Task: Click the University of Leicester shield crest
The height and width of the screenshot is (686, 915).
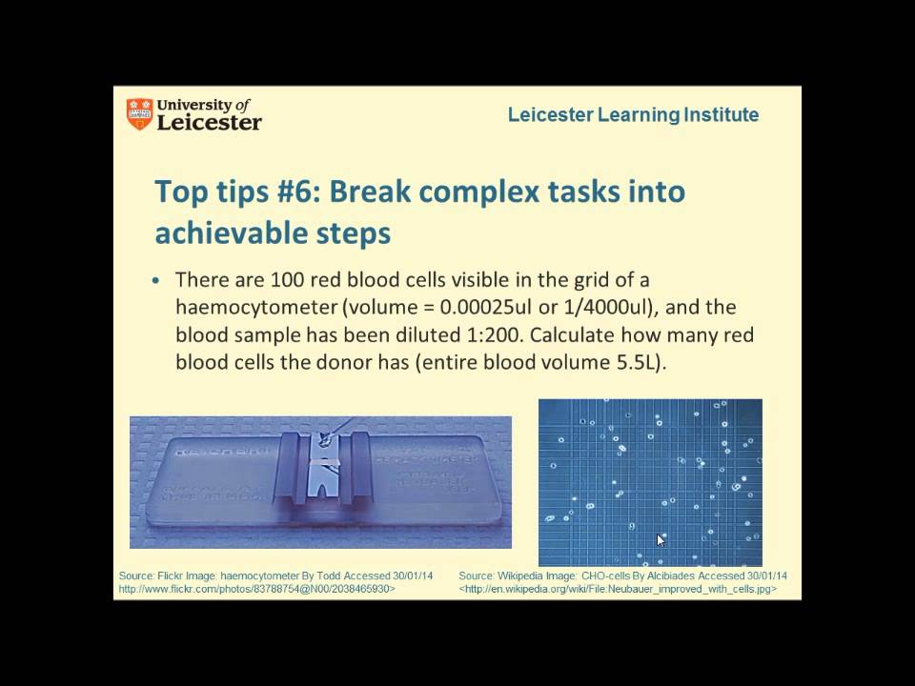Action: click(138, 114)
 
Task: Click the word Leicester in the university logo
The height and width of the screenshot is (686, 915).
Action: click(209, 123)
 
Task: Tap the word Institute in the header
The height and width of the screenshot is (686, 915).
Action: click(722, 115)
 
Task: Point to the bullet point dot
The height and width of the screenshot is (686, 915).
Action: click(158, 282)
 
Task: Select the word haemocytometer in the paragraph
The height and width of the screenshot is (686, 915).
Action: click(244, 308)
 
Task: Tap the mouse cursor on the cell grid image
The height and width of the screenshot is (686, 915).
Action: click(661, 539)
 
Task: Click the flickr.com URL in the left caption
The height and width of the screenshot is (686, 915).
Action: click(256, 590)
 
